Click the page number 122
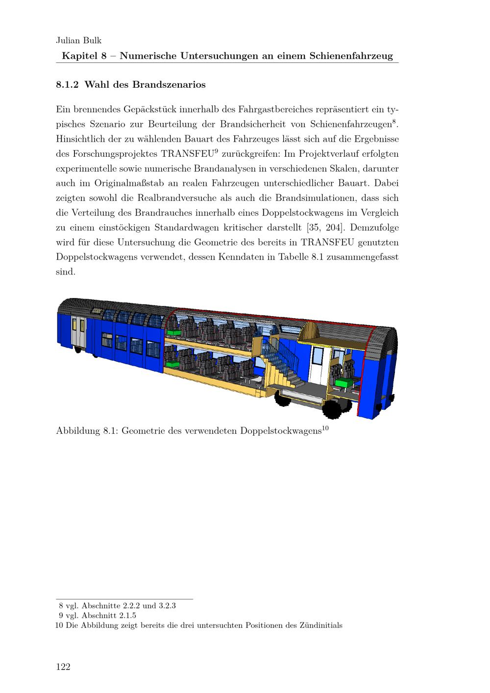(64, 667)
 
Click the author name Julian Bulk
(79, 41)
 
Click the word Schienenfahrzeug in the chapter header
(351, 56)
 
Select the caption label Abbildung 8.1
(86, 431)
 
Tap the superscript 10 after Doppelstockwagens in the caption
(325, 428)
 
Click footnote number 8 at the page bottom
(61, 606)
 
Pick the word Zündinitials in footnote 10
(320, 625)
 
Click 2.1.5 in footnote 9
(127, 616)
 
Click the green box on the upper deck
(172, 332)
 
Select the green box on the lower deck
(172, 364)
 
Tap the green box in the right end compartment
(344, 383)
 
